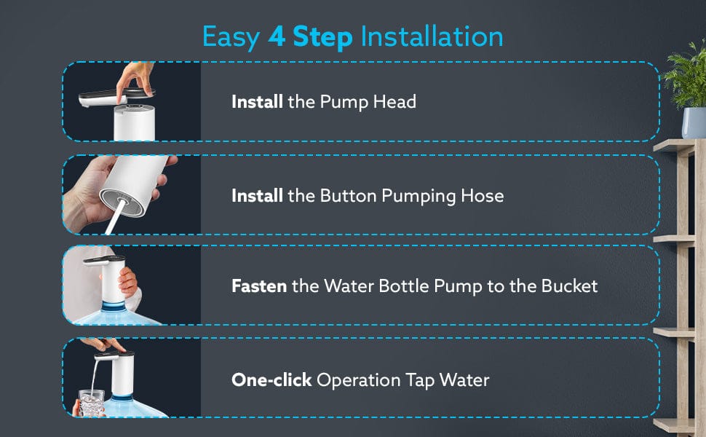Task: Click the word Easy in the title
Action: (x=231, y=38)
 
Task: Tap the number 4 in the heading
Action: (x=277, y=36)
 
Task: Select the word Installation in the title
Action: (x=432, y=36)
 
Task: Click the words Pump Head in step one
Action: (x=368, y=102)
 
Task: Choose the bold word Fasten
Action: (x=259, y=286)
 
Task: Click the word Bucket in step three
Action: (x=569, y=286)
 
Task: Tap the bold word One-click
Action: (x=271, y=379)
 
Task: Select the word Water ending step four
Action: (x=464, y=380)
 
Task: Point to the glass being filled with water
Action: (x=92, y=403)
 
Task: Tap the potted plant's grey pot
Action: (x=694, y=122)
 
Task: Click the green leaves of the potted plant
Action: (x=686, y=74)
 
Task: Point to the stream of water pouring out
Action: (x=94, y=377)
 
